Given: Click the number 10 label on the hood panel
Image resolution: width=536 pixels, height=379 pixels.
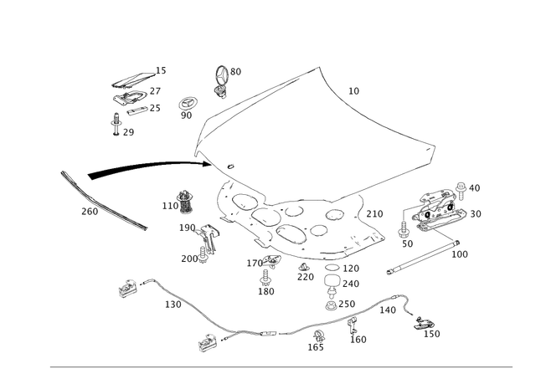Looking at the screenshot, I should point(353,90).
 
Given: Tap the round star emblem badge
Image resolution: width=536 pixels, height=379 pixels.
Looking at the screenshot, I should point(187,105).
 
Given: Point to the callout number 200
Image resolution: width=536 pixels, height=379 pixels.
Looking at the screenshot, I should point(88,212).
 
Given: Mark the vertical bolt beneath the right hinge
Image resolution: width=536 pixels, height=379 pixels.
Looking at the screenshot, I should point(405,228).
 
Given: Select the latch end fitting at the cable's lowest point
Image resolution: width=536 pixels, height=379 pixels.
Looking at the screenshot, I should point(208,339).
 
